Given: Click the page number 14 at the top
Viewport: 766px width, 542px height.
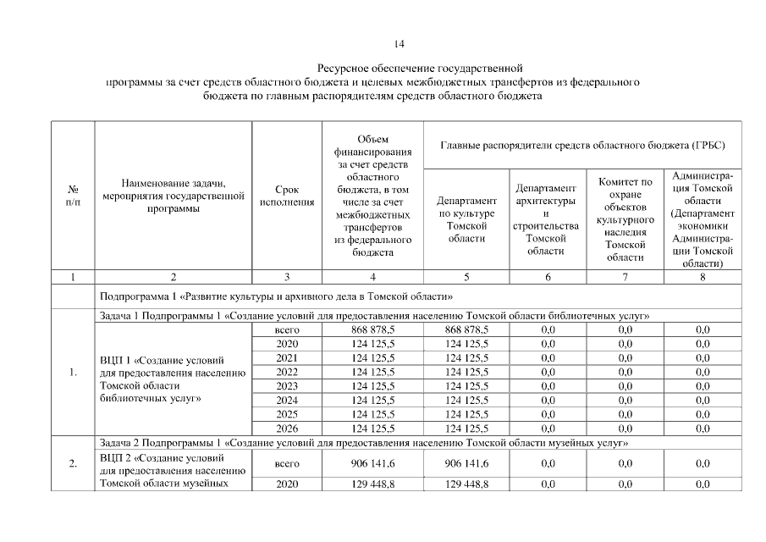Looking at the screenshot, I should point(399,43).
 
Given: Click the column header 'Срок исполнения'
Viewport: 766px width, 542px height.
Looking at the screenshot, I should point(286,196).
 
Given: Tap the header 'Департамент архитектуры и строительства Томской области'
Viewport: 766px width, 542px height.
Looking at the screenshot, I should point(546,218).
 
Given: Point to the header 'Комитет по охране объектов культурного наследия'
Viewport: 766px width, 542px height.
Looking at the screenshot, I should point(625,218).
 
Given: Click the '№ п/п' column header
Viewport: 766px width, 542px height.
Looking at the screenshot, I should point(73,196).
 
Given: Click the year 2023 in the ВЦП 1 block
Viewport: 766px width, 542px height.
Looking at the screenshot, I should point(287,386).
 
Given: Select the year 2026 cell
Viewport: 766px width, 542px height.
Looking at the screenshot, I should point(287,429).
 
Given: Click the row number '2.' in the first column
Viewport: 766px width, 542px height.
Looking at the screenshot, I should point(74,463).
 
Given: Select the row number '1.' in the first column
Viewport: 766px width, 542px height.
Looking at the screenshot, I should point(74,372).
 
